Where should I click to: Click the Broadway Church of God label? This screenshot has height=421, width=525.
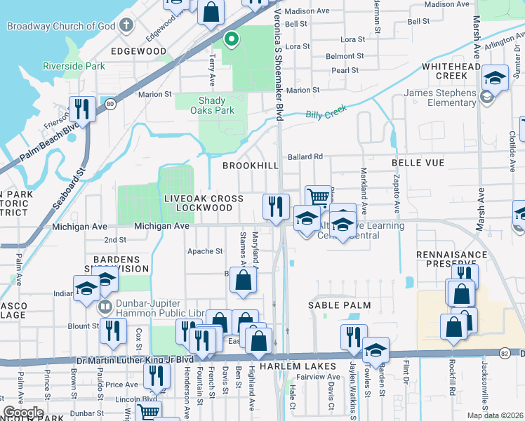pos(61,26)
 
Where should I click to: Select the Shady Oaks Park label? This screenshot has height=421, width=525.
pos(216,105)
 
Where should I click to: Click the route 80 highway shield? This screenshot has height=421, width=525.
pos(109,104)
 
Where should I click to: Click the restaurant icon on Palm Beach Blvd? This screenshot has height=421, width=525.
pos(83,109)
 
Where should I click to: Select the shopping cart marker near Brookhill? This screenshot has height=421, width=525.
pos(319,197)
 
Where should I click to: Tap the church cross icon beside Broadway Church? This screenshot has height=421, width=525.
pos(126,26)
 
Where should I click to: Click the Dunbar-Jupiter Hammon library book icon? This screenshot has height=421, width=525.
pos(105,307)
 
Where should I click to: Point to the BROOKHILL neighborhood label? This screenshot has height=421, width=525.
pos(251,166)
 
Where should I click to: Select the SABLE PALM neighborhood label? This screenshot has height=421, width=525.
pos(338,306)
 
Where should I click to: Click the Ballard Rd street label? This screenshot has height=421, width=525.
pos(304,156)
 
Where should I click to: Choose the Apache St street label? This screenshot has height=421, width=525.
pos(204,251)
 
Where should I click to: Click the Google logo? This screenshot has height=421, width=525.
pos(23,413)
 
